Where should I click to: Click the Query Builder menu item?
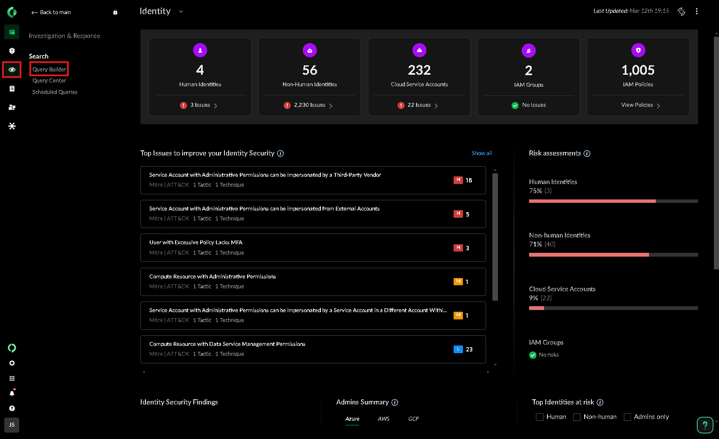click(x=49, y=69)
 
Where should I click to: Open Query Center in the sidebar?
click(x=49, y=81)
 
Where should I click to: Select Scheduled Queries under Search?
click(x=55, y=92)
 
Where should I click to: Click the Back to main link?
click(x=51, y=12)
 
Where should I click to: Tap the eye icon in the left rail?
click(x=12, y=70)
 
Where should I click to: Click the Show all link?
click(x=481, y=153)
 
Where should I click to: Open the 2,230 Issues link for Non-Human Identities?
click(x=309, y=105)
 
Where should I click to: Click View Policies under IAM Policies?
click(x=637, y=105)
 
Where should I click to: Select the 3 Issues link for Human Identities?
click(x=200, y=105)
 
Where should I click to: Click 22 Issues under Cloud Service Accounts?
click(x=419, y=105)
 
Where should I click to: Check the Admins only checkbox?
click(x=627, y=417)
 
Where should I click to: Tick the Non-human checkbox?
click(x=576, y=417)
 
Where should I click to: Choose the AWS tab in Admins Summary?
click(x=384, y=419)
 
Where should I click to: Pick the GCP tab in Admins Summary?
click(x=413, y=419)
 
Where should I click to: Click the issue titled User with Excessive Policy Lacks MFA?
click(x=196, y=243)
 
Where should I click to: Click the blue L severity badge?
click(x=458, y=349)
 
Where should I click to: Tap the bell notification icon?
click(x=12, y=393)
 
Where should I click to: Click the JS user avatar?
click(x=12, y=425)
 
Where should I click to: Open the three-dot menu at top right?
click(x=696, y=12)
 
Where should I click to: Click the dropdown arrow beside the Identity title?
click(x=181, y=12)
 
